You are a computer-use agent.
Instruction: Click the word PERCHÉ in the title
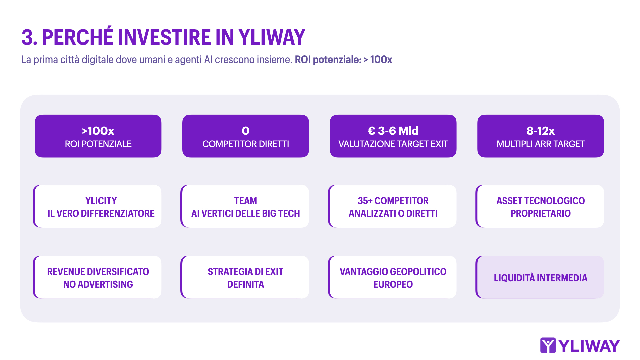(77, 37)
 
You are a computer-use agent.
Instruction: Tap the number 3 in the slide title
(27, 37)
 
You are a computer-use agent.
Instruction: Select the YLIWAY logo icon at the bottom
(548, 345)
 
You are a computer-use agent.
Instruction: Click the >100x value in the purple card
(98, 131)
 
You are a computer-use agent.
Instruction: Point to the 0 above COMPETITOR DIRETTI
(246, 131)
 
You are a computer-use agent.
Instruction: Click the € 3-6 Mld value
(393, 131)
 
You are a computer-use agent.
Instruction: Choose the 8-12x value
(540, 131)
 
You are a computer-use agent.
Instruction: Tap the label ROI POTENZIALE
(98, 144)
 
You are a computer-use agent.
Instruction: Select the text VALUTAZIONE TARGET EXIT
(393, 144)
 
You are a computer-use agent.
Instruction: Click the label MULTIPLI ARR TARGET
(540, 144)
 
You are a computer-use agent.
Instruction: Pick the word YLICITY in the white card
(101, 201)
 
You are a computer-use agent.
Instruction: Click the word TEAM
(246, 201)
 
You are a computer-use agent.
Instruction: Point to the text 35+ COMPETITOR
(393, 201)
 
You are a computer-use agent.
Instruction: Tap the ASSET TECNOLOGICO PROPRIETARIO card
(540, 207)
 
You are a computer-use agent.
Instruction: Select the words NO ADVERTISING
(98, 284)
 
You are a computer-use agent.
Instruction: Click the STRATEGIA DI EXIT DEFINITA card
(246, 277)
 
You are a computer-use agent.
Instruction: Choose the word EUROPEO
(393, 284)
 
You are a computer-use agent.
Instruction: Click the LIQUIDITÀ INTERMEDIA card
(540, 278)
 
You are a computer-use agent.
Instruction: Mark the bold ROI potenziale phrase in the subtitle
(328, 60)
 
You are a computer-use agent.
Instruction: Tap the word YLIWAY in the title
(272, 37)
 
